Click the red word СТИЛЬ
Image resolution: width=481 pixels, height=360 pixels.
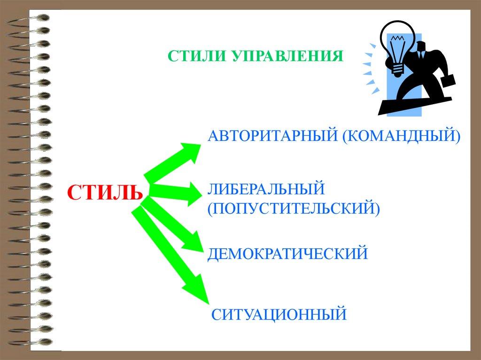click(105, 192)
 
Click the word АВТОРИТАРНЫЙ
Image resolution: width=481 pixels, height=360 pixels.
click(272, 135)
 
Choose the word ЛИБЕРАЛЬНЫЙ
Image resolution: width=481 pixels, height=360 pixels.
click(266, 189)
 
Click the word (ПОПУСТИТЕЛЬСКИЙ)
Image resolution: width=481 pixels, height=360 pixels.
click(294, 208)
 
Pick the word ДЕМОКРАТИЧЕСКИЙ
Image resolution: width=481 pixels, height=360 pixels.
click(287, 254)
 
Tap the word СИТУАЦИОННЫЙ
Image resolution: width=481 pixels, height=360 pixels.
click(279, 314)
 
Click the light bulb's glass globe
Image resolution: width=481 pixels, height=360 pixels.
click(397, 43)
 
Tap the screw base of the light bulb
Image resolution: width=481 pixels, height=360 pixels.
click(397, 70)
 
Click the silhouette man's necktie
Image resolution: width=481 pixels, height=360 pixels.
click(422, 55)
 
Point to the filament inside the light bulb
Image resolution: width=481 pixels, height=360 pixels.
click(397, 39)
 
